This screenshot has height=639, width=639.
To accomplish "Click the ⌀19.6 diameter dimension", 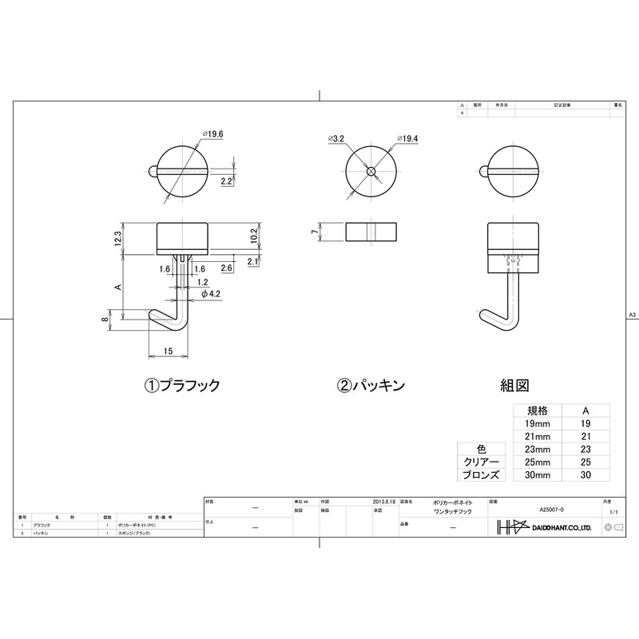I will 214,134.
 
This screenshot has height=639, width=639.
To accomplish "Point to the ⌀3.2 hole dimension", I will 335,139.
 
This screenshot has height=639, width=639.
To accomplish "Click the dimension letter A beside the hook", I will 117,285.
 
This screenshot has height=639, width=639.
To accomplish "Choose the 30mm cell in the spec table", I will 538,474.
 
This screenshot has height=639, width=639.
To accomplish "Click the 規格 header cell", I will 538,410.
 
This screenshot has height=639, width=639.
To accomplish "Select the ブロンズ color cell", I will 482,474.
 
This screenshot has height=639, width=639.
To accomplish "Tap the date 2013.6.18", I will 384,501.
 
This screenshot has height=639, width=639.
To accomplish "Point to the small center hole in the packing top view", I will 371,172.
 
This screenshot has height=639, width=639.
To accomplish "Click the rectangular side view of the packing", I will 371,232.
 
